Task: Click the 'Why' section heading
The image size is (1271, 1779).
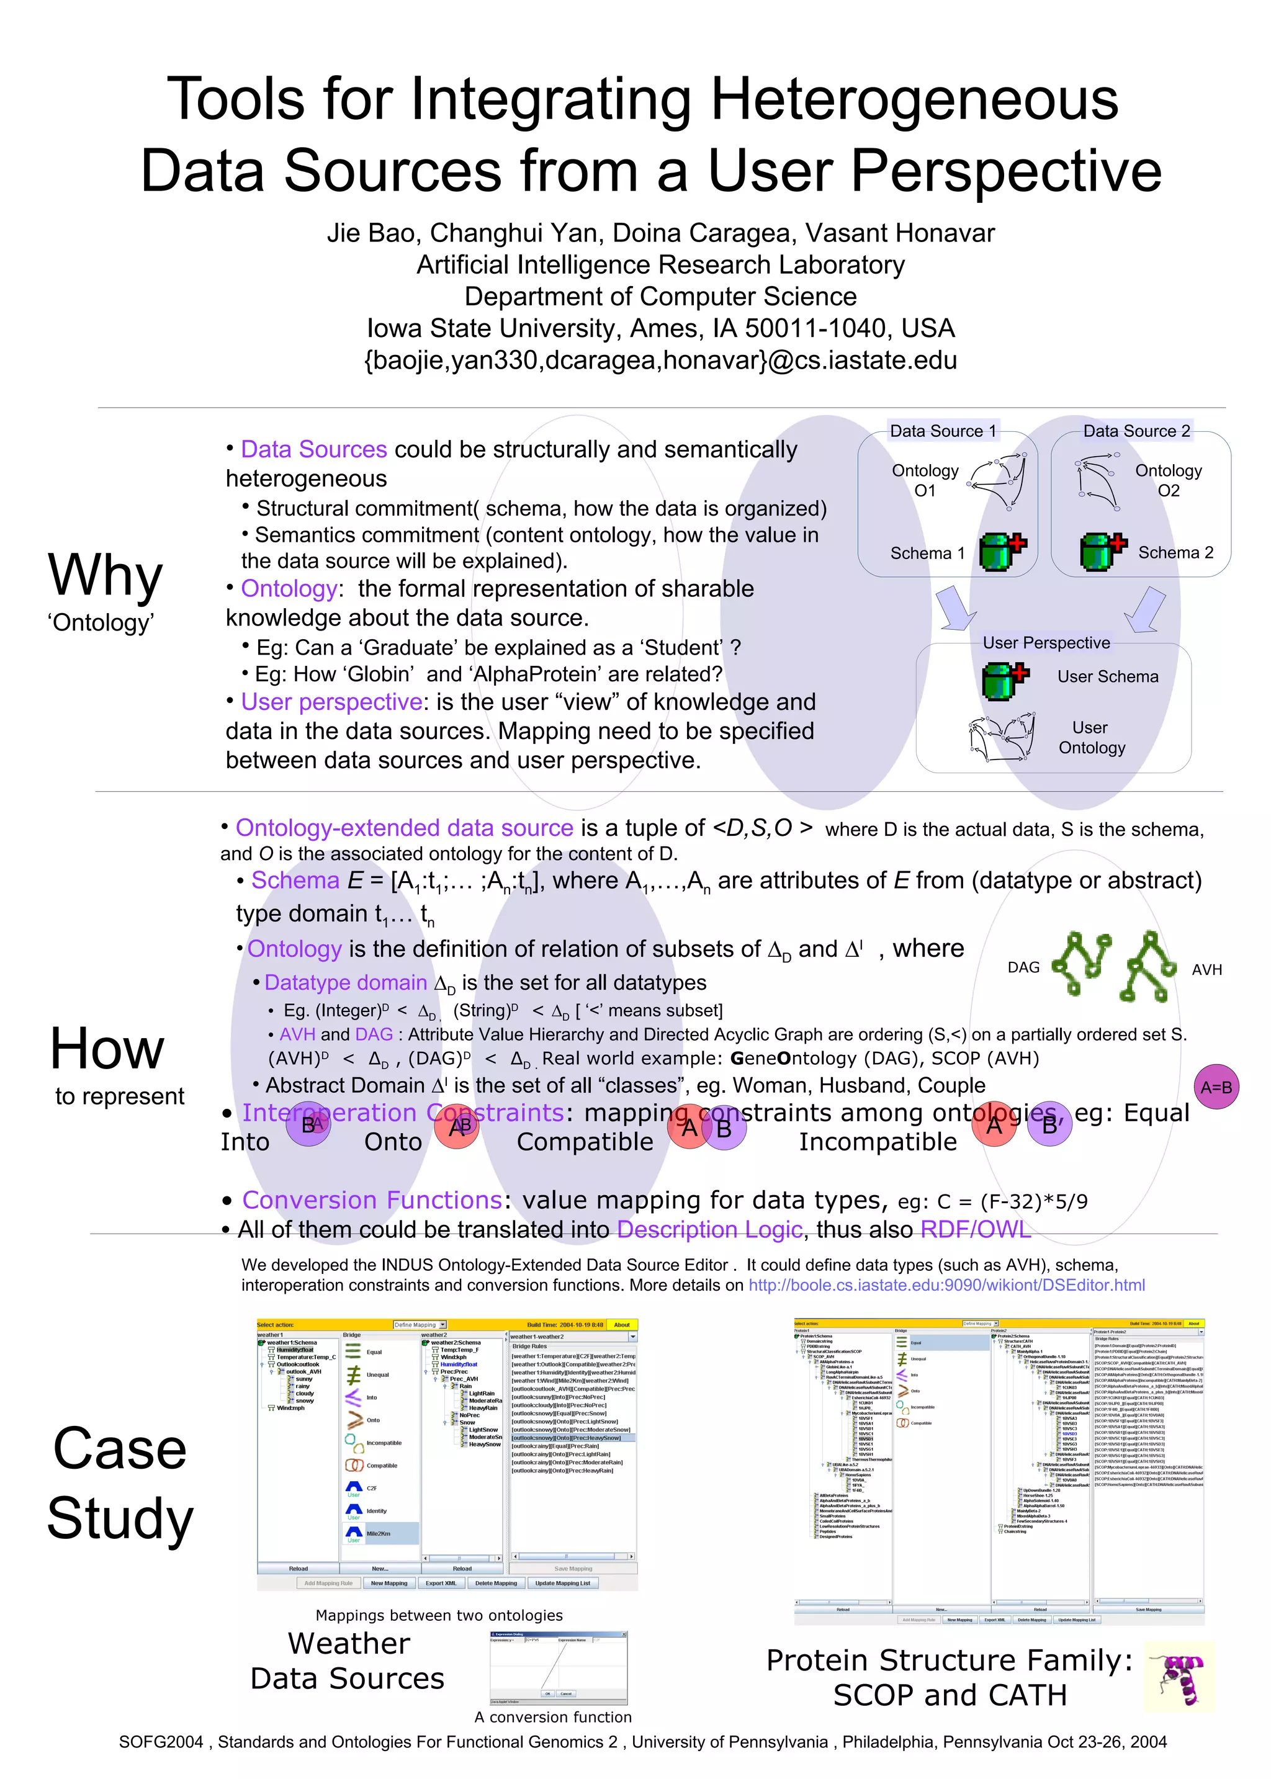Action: (105, 576)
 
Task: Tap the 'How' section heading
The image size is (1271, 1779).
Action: (107, 1048)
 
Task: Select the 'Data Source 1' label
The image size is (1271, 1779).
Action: (943, 431)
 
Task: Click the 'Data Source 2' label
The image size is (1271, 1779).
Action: (1136, 431)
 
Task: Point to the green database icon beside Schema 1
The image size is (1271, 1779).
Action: (1002, 552)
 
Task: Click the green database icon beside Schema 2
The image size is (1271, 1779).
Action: (1102, 552)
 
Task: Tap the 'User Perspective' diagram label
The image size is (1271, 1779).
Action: (1046, 643)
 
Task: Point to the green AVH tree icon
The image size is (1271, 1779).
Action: (1147, 966)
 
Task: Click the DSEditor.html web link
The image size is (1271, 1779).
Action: (946, 1285)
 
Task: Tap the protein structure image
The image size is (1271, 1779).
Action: (1179, 1678)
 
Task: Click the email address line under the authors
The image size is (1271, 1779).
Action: (660, 361)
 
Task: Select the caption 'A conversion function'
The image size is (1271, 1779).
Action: (552, 1717)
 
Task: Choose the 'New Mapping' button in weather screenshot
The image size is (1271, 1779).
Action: (389, 1584)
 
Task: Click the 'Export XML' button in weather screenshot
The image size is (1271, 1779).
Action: (441, 1584)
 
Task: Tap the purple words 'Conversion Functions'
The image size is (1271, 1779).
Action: (371, 1200)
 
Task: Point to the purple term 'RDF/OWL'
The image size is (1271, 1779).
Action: (975, 1230)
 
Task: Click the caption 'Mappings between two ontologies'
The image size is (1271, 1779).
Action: (439, 1615)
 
